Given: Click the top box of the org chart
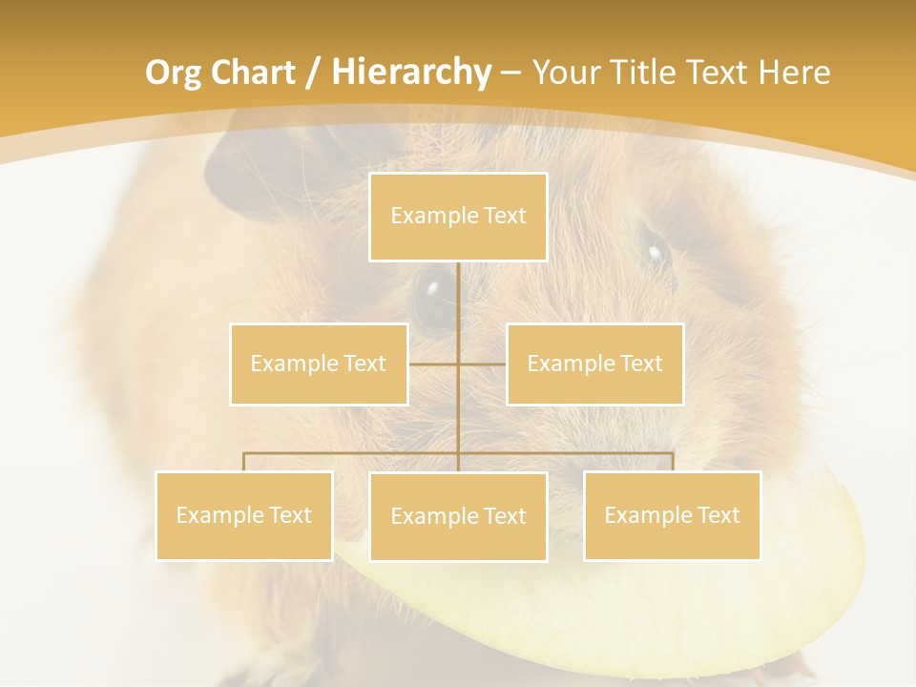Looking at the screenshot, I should [458, 217].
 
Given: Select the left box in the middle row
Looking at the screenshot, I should [319, 364].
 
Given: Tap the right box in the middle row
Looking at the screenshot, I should [594, 364].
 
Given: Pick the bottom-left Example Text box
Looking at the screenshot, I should [244, 515].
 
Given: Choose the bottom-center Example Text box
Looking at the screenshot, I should [458, 516].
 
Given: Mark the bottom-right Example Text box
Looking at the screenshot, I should [672, 515].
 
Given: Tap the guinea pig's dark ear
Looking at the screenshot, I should [239, 172].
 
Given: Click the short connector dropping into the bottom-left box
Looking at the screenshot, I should [244, 462].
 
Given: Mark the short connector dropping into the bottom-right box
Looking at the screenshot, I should [673, 462].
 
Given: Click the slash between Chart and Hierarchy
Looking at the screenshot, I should [311, 73].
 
